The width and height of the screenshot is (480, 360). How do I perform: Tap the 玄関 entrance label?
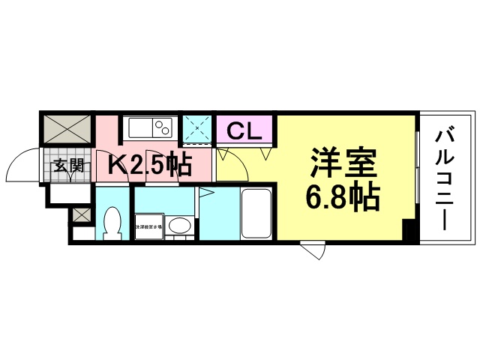[67, 166]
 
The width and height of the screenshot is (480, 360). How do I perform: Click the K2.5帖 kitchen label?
[150, 163]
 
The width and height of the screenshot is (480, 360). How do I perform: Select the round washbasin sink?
[178, 224]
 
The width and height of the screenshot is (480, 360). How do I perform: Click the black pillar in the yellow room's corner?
[409, 231]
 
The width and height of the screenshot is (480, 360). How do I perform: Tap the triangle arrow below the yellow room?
[313, 250]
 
